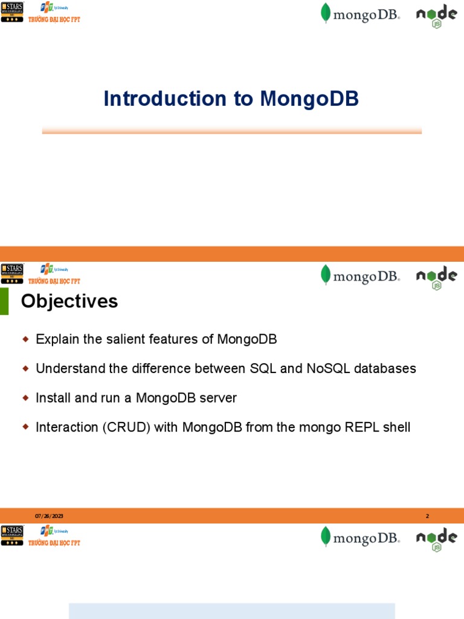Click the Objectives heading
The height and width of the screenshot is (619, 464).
[69, 301]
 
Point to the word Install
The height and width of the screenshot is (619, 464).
[53, 398]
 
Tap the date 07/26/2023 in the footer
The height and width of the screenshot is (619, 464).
[49, 516]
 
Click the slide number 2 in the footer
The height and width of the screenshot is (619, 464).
[427, 516]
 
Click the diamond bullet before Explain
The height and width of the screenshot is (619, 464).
[25, 340]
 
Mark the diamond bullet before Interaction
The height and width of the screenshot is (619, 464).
[25, 427]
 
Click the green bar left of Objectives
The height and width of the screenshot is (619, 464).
[4, 301]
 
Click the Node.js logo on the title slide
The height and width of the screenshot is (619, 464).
[436, 15]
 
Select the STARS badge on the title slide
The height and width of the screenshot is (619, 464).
[12, 11]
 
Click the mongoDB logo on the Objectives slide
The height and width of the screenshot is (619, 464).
[360, 276]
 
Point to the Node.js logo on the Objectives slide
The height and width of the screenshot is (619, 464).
[436, 277]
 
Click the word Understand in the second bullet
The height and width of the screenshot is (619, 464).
[67, 368]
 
